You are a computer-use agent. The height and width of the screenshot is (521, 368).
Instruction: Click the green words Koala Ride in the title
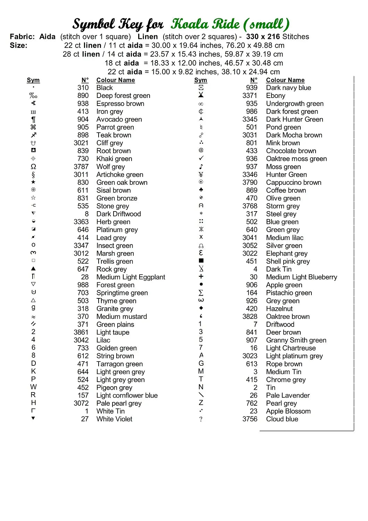tap(206, 24)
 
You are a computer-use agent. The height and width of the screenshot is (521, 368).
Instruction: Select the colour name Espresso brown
tap(120, 104)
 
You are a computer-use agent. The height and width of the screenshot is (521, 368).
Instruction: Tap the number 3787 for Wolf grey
tap(81, 167)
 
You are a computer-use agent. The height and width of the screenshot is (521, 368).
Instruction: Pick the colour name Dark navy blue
tap(288, 88)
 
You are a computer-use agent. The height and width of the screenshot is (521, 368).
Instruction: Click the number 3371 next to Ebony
tap(250, 96)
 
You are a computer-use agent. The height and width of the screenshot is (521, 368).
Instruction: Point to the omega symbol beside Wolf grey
tap(33, 167)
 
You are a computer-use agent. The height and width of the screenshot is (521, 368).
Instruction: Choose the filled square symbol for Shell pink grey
tap(201, 260)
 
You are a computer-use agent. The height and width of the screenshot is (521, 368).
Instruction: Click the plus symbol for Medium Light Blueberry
tap(201, 276)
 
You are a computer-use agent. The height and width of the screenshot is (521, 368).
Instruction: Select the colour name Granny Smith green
tap(296, 340)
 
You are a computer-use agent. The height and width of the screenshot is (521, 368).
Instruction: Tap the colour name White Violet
tap(114, 419)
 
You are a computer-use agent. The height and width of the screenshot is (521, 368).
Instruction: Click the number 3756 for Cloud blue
tap(250, 419)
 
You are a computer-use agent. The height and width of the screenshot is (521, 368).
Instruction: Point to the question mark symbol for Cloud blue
tap(201, 419)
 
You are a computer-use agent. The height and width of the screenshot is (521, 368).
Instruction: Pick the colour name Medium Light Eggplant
tap(131, 277)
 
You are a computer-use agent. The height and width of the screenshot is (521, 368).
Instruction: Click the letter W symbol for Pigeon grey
tap(33, 387)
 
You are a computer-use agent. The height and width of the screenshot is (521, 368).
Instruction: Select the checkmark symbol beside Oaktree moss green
tap(201, 158)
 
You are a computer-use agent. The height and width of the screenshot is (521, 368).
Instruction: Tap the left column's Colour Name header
tap(116, 80)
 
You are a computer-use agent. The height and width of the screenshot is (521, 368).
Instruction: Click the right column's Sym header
tap(201, 80)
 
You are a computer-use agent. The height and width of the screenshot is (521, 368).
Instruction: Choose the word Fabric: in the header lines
tap(22, 36)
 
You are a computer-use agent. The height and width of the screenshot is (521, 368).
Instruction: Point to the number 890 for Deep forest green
tap(83, 96)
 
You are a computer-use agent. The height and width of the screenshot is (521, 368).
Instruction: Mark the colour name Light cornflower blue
tap(127, 395)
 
